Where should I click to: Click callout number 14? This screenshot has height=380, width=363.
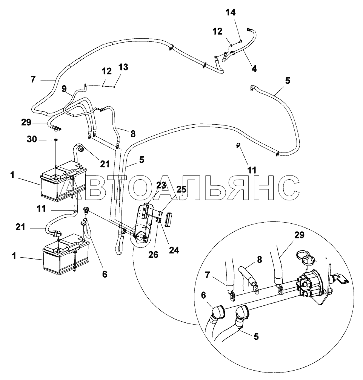[x=231, y=12]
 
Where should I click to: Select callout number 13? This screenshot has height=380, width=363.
[x=123, y=67]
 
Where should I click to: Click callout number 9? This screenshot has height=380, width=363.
[x=64, y=89]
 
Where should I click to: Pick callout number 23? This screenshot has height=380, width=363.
[x=161, y=185]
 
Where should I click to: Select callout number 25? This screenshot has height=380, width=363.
[x=181, y=189]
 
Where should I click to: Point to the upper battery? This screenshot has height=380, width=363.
[x=62, y=181]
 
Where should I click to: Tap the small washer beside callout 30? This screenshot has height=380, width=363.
[x=56, y=140]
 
